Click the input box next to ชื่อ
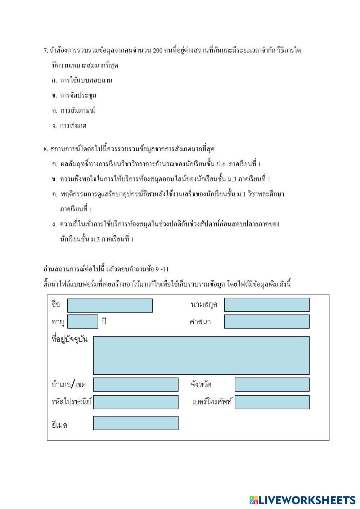(110, 305)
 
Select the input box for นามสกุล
(267, 305)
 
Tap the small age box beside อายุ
(83, 321)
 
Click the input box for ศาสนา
(267, 321)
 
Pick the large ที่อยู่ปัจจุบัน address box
(201, 355)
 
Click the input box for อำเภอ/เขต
(136, 384)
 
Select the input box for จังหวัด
(272, 384)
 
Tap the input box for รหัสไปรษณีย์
(136, 402)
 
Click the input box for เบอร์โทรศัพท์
(272, 402)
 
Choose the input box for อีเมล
(136, 423)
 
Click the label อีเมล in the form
(59, 425)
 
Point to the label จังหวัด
(201, 384)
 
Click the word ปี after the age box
(104, 322)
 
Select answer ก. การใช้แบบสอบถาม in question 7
(82, 80)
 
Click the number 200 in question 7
(158, 50)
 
